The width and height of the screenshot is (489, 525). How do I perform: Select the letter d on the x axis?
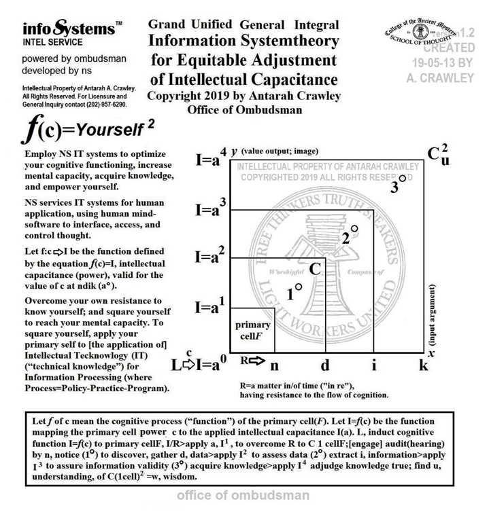pos(325,365)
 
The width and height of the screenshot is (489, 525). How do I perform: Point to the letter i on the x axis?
pos(374,365)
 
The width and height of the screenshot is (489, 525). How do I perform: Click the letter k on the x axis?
pos(424,365)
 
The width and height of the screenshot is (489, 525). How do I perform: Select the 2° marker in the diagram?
pos(350,236)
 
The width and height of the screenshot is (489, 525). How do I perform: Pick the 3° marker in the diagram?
pos(399,185)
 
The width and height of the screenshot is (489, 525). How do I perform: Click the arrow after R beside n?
pos(255,361)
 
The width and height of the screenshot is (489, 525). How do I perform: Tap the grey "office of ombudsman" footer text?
pos(243,496)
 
